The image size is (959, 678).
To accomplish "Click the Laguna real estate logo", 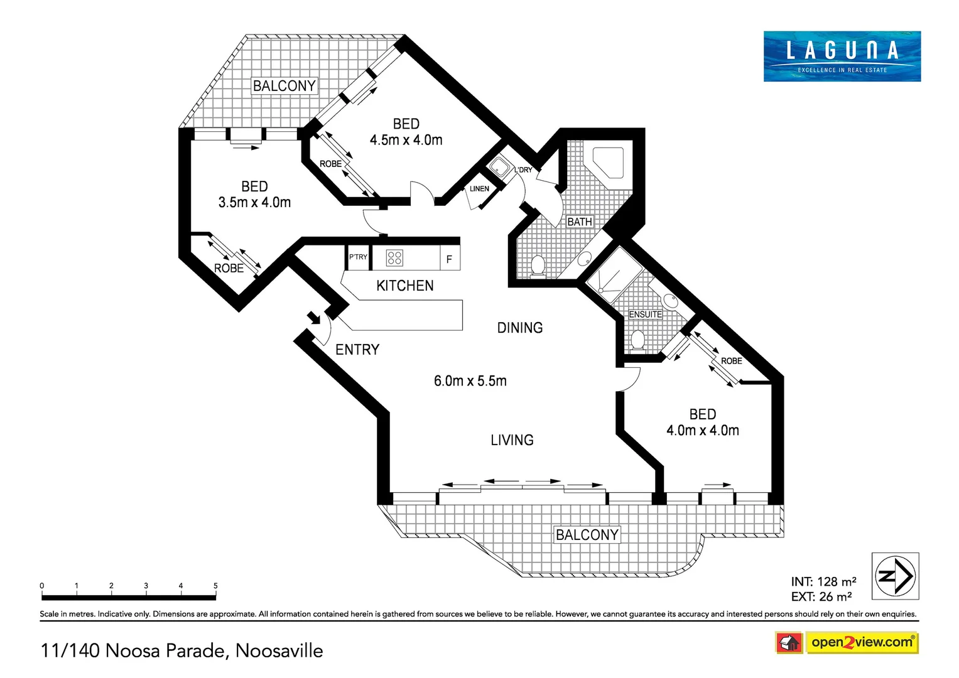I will pos(842,56).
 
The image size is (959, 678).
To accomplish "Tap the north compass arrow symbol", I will pos(896,576).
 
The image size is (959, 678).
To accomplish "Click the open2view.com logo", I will pos(861,643).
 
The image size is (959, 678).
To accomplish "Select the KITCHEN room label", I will pos(404,286).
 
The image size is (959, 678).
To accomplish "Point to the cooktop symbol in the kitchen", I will pos(394,258).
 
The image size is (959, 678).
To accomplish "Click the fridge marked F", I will pos(449,259).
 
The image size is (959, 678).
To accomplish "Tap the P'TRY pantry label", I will pos(358,257).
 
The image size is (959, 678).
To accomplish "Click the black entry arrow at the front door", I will pos(313,318).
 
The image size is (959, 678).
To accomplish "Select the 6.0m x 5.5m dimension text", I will pos(470,381).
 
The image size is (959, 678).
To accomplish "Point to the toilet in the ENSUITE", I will pos(638,340).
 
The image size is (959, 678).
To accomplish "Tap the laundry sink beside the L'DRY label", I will pos(500,167).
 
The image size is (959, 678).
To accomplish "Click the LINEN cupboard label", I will pos(479,189).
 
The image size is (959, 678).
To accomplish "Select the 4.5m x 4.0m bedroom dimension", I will pos(406,140).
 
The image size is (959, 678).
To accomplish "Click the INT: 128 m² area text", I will pos(823,582).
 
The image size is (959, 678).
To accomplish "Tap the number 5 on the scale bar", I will pos(215,586).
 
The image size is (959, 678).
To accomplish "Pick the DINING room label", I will pos(519,328).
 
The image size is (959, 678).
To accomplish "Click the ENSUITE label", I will pos(645,315).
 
